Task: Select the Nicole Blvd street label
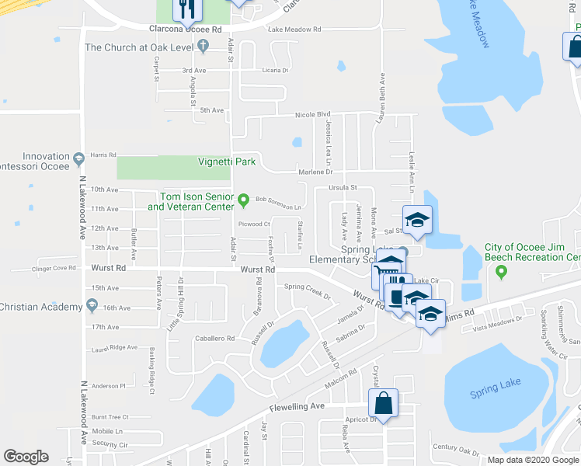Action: click(x=312, y=115)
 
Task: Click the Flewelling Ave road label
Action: click(x=297, y=406)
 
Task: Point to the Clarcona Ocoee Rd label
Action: click(x=186, y=29)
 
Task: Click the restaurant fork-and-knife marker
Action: click(x=186, y=9)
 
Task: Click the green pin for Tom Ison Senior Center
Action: click(x=244, y=200)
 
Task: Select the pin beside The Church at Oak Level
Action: click(x=203, y=47)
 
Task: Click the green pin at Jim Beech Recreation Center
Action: click(x=501, y=272)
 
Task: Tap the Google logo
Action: click(x=26, y=457)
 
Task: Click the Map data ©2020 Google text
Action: click(x=533, y=460)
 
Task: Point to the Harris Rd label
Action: click(x=103, y=155)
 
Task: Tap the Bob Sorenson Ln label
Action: click(x=278, y=207)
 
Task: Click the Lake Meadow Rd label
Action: click(x=294, y=30)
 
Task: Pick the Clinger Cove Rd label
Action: click(x=54, y=268)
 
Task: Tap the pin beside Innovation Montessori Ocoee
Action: click(x=78, y=162)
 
